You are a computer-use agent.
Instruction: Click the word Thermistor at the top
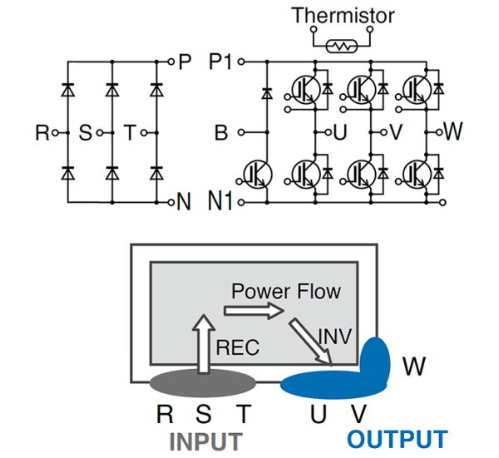pyautogui.click(x=343, y=15)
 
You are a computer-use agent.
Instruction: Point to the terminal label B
pyautogui.click(x=220, y=131)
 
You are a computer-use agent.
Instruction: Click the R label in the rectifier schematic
pyautogui.click(x=42, y=132)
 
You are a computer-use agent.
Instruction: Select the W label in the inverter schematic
pyautogui.click(x=453, y=131)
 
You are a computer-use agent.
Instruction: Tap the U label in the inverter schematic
pyautogui.click(x=339, y=132)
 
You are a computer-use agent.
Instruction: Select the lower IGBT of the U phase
pyautogui.click(x=304, y=172)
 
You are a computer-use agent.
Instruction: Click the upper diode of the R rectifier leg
pyautogui.click(x=67, y=88)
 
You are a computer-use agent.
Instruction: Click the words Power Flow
pyautogui.click(x=286, y=292)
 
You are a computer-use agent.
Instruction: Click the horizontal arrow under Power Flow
pyautogui.click(x=254, y=311)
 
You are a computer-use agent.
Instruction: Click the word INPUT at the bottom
pyautogui.click(x=205, y=440)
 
